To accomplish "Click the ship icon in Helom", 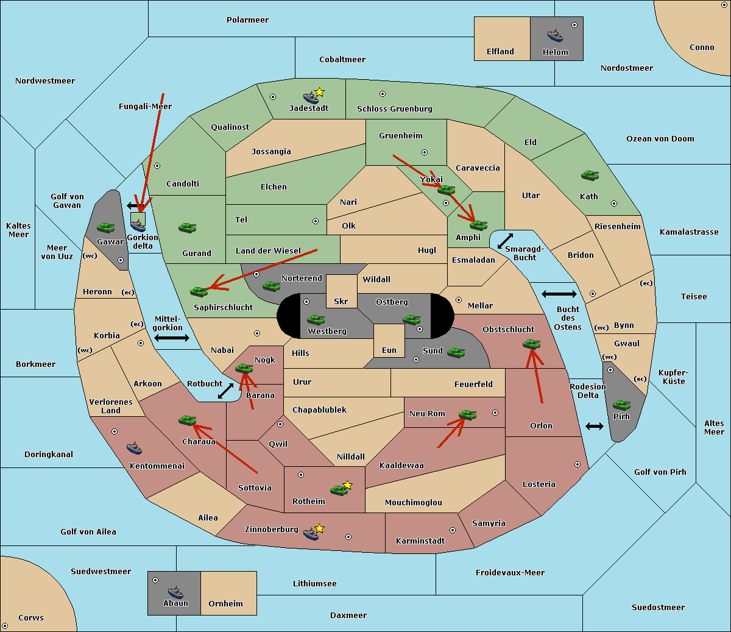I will [x=554, y=35].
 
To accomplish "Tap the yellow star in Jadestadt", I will [x=320, y=92].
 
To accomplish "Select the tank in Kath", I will [x=590, y=176].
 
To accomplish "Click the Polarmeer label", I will [x=247, y=20].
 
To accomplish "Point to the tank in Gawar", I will [x=106, y=227].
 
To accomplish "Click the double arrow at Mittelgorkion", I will [x=172, y=338].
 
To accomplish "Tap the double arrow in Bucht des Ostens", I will [x=559, y=294].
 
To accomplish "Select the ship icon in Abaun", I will [x=175, y=592].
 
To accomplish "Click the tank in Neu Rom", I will [x=467, y=415].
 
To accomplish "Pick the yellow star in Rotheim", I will [x=348, y=485].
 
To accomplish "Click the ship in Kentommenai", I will [x=134, y=449].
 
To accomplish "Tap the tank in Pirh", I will [x=621, y=405].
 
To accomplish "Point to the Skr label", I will [x=341, y=302].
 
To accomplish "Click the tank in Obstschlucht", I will [x=531, y=344].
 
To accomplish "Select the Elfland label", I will [x=500, y=52].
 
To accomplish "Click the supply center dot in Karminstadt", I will [x=453, y=530].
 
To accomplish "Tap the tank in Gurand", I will [x=187, y=227].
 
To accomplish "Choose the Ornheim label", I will [x=225, y=604].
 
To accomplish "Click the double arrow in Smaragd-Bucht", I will [x=505, y=241].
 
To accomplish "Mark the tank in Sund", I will [x=456, y=352].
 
